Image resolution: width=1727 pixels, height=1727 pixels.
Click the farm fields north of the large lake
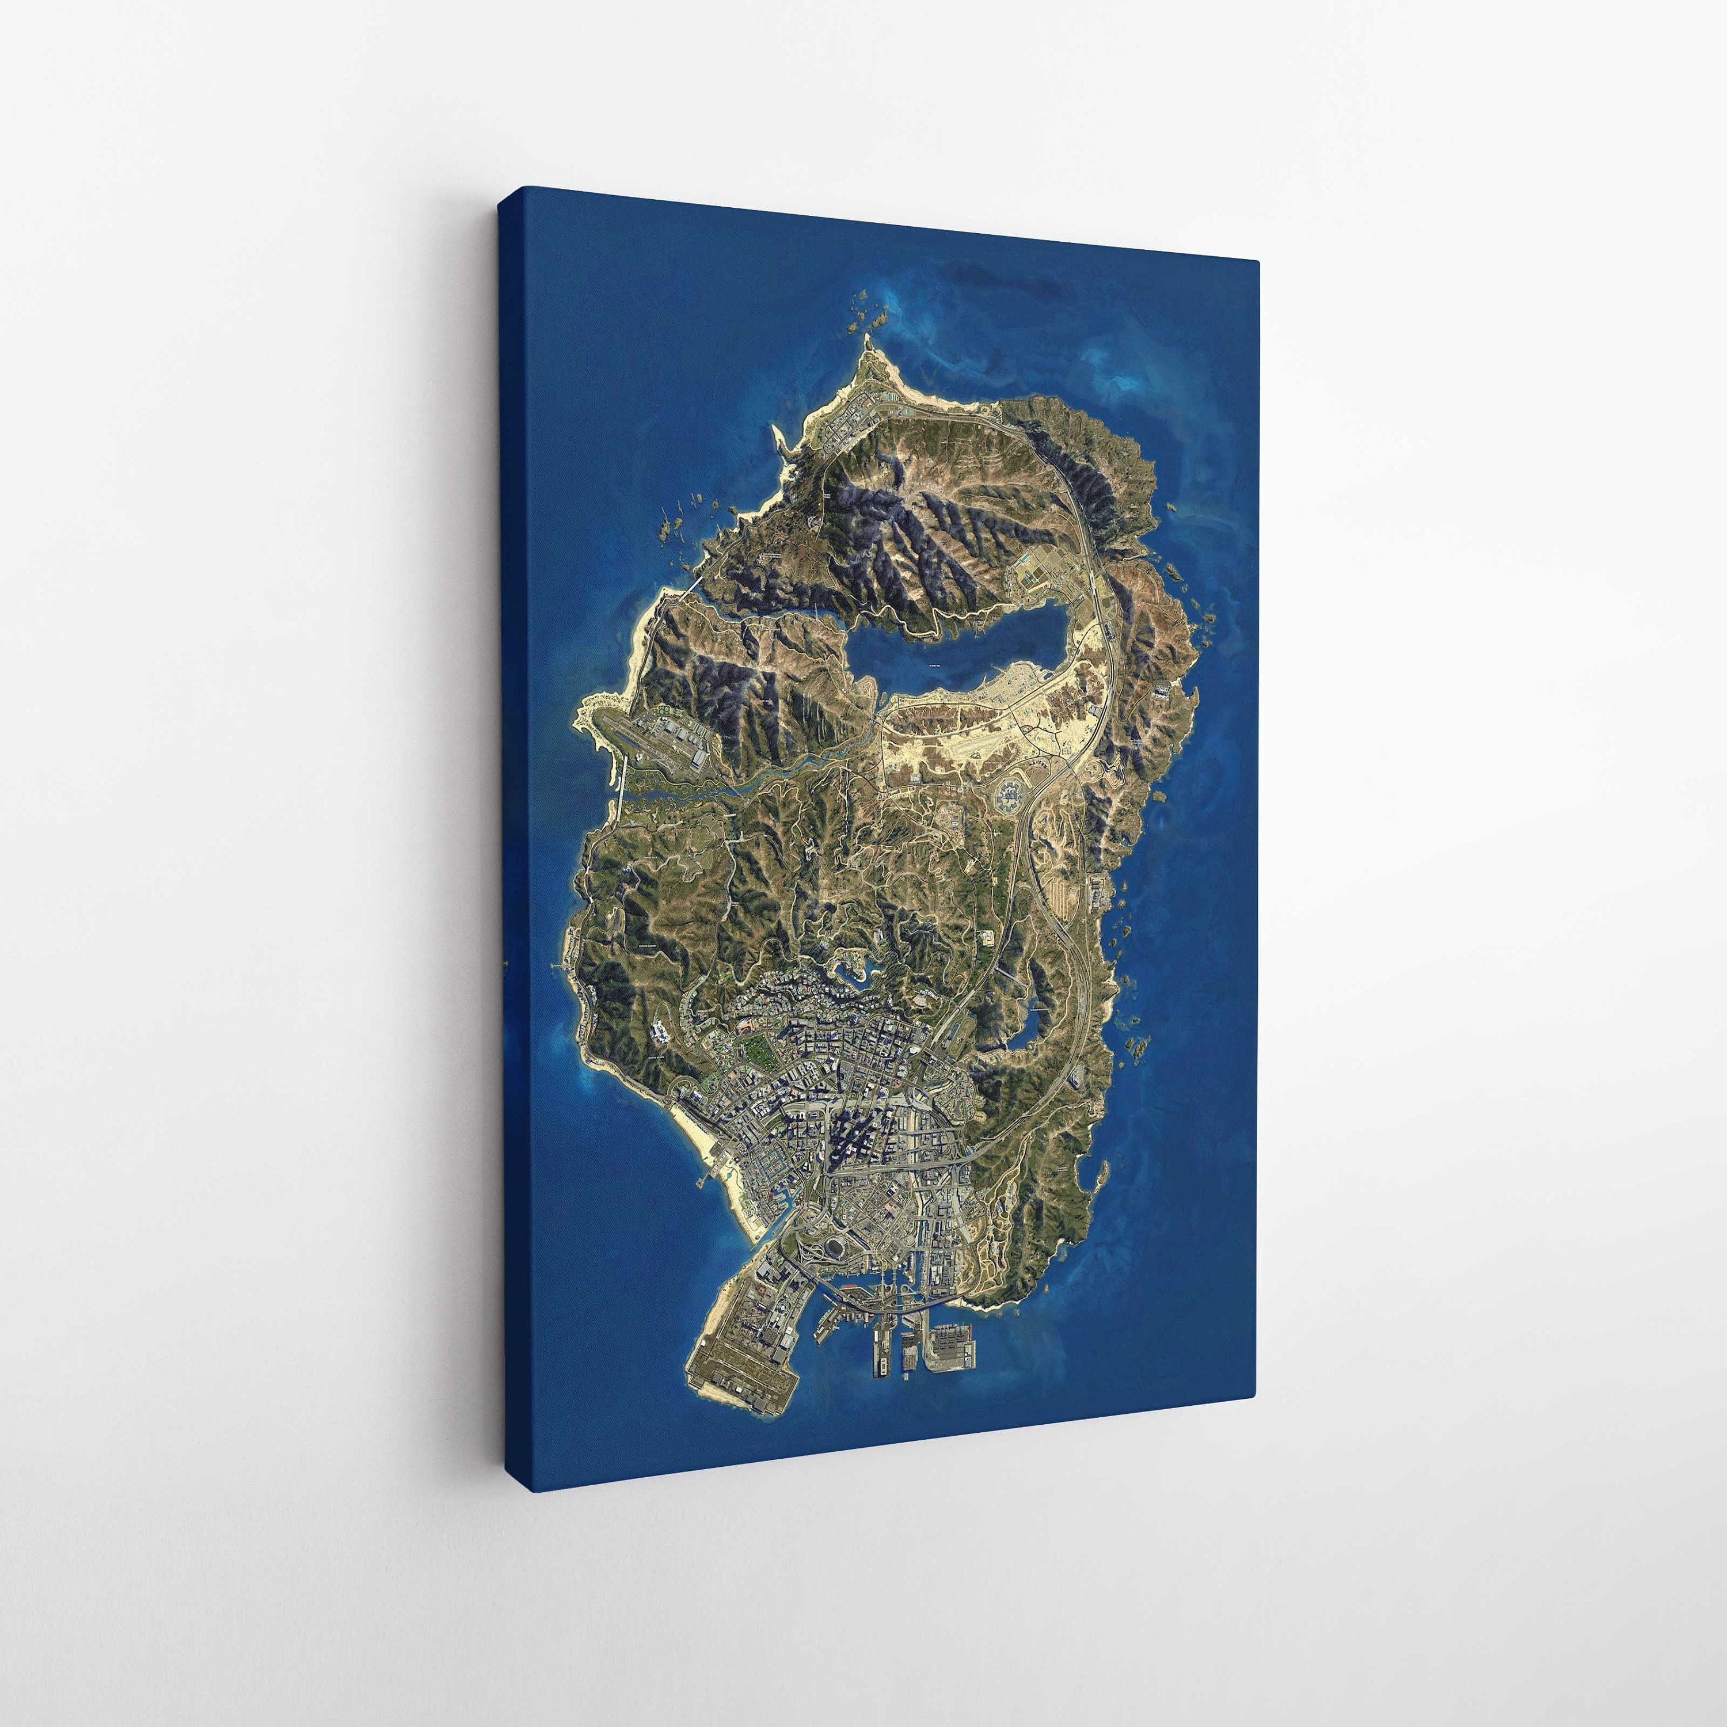(1037, 572)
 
